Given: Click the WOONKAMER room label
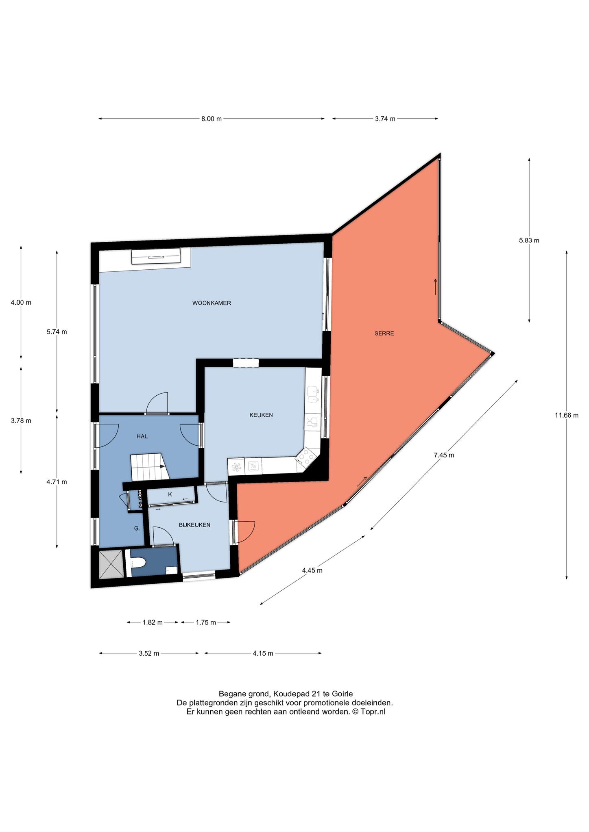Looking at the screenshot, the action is [x=212, y=303].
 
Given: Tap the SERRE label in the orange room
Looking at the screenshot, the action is [x=384, y=334].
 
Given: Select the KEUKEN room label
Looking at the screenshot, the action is [x=261, y=415].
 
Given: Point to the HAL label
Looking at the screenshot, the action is [x=142, y=436].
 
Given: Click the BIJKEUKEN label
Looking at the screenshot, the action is [x=194, y=525].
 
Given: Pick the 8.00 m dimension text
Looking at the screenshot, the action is [x=212, y=119].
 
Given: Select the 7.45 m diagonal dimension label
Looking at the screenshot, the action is [x=444, y=455].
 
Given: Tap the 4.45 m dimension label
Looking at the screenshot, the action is [x=312, y=570].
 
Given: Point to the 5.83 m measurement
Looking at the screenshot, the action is [x=529, y=240].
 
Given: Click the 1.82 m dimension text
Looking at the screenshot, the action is [x=153, y=622].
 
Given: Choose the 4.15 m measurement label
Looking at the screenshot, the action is [x=263, y=653].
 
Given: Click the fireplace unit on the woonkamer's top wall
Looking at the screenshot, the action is [x=156, y=256].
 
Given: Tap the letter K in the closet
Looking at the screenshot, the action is [x=170, y=494].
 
